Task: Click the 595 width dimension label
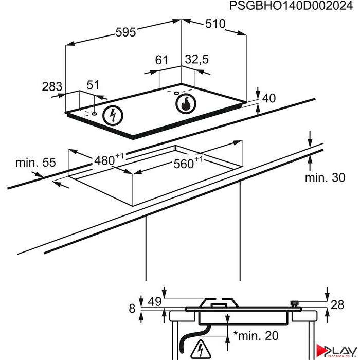click(125, 32)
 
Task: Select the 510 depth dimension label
click(215, 24)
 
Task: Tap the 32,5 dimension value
click(197, 59)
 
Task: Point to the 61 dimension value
click(161, 60)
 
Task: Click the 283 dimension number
click(52, 86)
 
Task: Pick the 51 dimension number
click(93, 85)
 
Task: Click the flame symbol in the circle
click(186, 103)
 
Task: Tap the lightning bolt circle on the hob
click(113, 116)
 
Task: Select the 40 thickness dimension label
click(269, 98)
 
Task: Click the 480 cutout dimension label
click(109, 159)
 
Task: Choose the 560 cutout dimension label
click(188, 163)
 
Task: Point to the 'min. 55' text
click(35, 163)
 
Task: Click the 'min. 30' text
click(325, 178)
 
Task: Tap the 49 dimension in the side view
click(154, 301)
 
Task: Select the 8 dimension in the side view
click(132, 309)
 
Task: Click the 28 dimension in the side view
click(337, 305)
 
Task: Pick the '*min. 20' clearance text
click(256, 335)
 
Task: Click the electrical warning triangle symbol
click(201, 349)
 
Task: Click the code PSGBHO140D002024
click(291, 6)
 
